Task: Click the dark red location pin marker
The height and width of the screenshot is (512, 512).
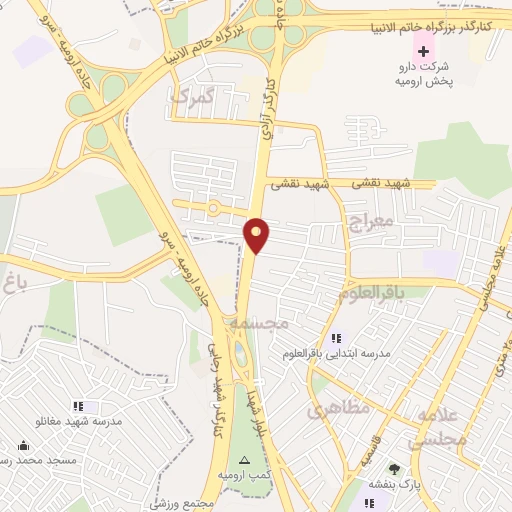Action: [x=258, y=235]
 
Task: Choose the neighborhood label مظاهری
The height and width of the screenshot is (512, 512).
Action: [x=339, y=408]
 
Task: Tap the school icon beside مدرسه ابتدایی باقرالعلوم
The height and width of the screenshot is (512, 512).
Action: [x=336, y=338]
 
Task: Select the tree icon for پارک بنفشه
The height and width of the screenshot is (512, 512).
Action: [x=394, y=469]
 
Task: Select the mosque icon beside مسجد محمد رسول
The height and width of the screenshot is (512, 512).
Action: [x=23, y=445]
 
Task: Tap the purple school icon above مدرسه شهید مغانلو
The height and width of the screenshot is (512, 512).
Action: [x=87, y=406]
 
